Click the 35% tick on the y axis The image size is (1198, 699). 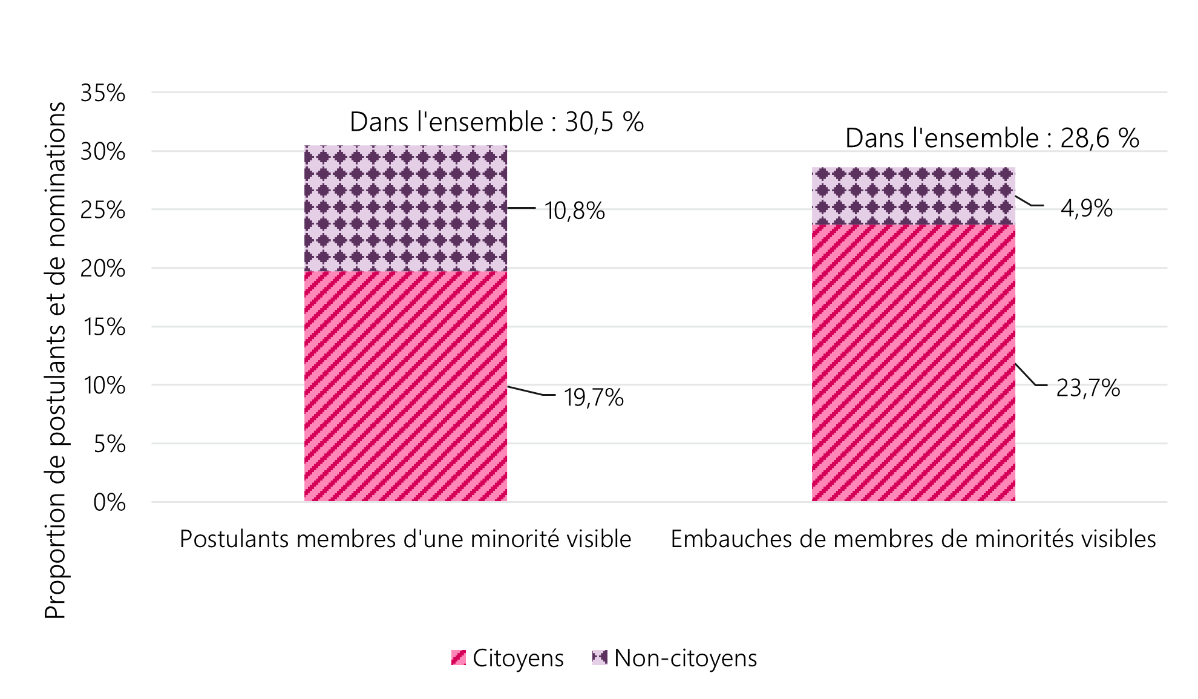[x=103, y=93]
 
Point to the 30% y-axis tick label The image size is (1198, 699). [x=103, y=152]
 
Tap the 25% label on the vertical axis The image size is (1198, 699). [x=103, y=211]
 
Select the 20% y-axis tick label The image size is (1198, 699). [x=103, y=269]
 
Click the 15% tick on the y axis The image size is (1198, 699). [x=104, y=327]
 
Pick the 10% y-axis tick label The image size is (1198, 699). [x=104, y=386]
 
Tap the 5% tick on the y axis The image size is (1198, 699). [x=109, y=444]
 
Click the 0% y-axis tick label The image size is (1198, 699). [x=109, y=502]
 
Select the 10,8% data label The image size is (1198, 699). [x=574, y=211]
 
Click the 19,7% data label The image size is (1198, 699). [x=594, y=398]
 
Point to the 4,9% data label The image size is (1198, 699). [x=1087, y=209]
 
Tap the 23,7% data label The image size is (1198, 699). [x=1088, y=388]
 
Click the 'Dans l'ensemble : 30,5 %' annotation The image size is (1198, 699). [x=497, y=122]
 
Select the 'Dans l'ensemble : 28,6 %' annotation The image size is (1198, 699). [x=992, y=138]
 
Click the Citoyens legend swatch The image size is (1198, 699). [x=459, y=658]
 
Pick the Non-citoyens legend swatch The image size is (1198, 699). [x=600, y=658]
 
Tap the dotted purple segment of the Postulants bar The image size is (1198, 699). [x=405, y=208]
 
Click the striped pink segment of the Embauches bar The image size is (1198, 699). [x=914, y=363]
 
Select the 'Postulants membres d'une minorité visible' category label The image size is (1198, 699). [x=405, y=539]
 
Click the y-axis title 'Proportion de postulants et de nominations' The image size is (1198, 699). [x=55, y=360]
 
